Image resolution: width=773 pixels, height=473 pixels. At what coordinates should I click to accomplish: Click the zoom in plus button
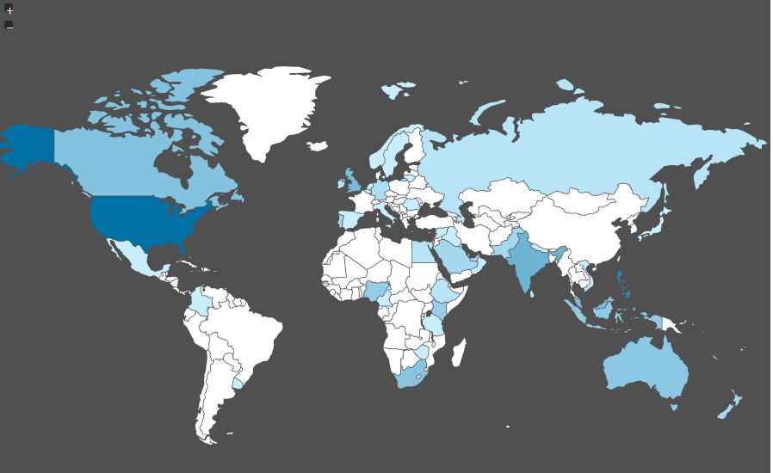point(9,10)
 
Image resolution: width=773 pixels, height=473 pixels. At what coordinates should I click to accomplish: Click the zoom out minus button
point(9,25)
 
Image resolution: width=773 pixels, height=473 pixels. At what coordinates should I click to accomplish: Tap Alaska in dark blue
point(26,146)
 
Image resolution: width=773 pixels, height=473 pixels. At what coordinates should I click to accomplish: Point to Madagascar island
point(460,352)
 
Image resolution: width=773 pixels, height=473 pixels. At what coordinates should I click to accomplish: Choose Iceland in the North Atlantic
point(318,146)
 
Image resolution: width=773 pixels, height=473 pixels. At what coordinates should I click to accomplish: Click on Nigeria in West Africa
point(377,292)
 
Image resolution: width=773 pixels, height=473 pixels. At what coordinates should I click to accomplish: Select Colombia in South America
point(200,301)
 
